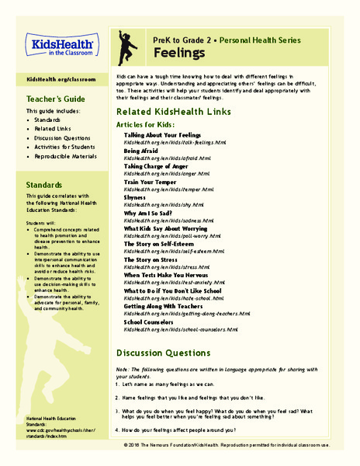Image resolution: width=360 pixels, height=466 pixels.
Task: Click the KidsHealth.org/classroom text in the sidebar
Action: (x=61, y=79)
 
